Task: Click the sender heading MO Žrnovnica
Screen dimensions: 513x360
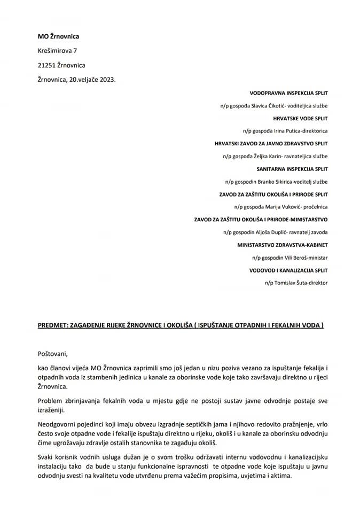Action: (x=59, y=36)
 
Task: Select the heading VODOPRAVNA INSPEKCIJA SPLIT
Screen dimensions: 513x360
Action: (x=288, y=93)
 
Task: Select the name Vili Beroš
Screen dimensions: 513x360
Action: (x=287, y=258)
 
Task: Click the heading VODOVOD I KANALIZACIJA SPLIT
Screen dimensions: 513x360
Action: (x=288, y=270)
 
